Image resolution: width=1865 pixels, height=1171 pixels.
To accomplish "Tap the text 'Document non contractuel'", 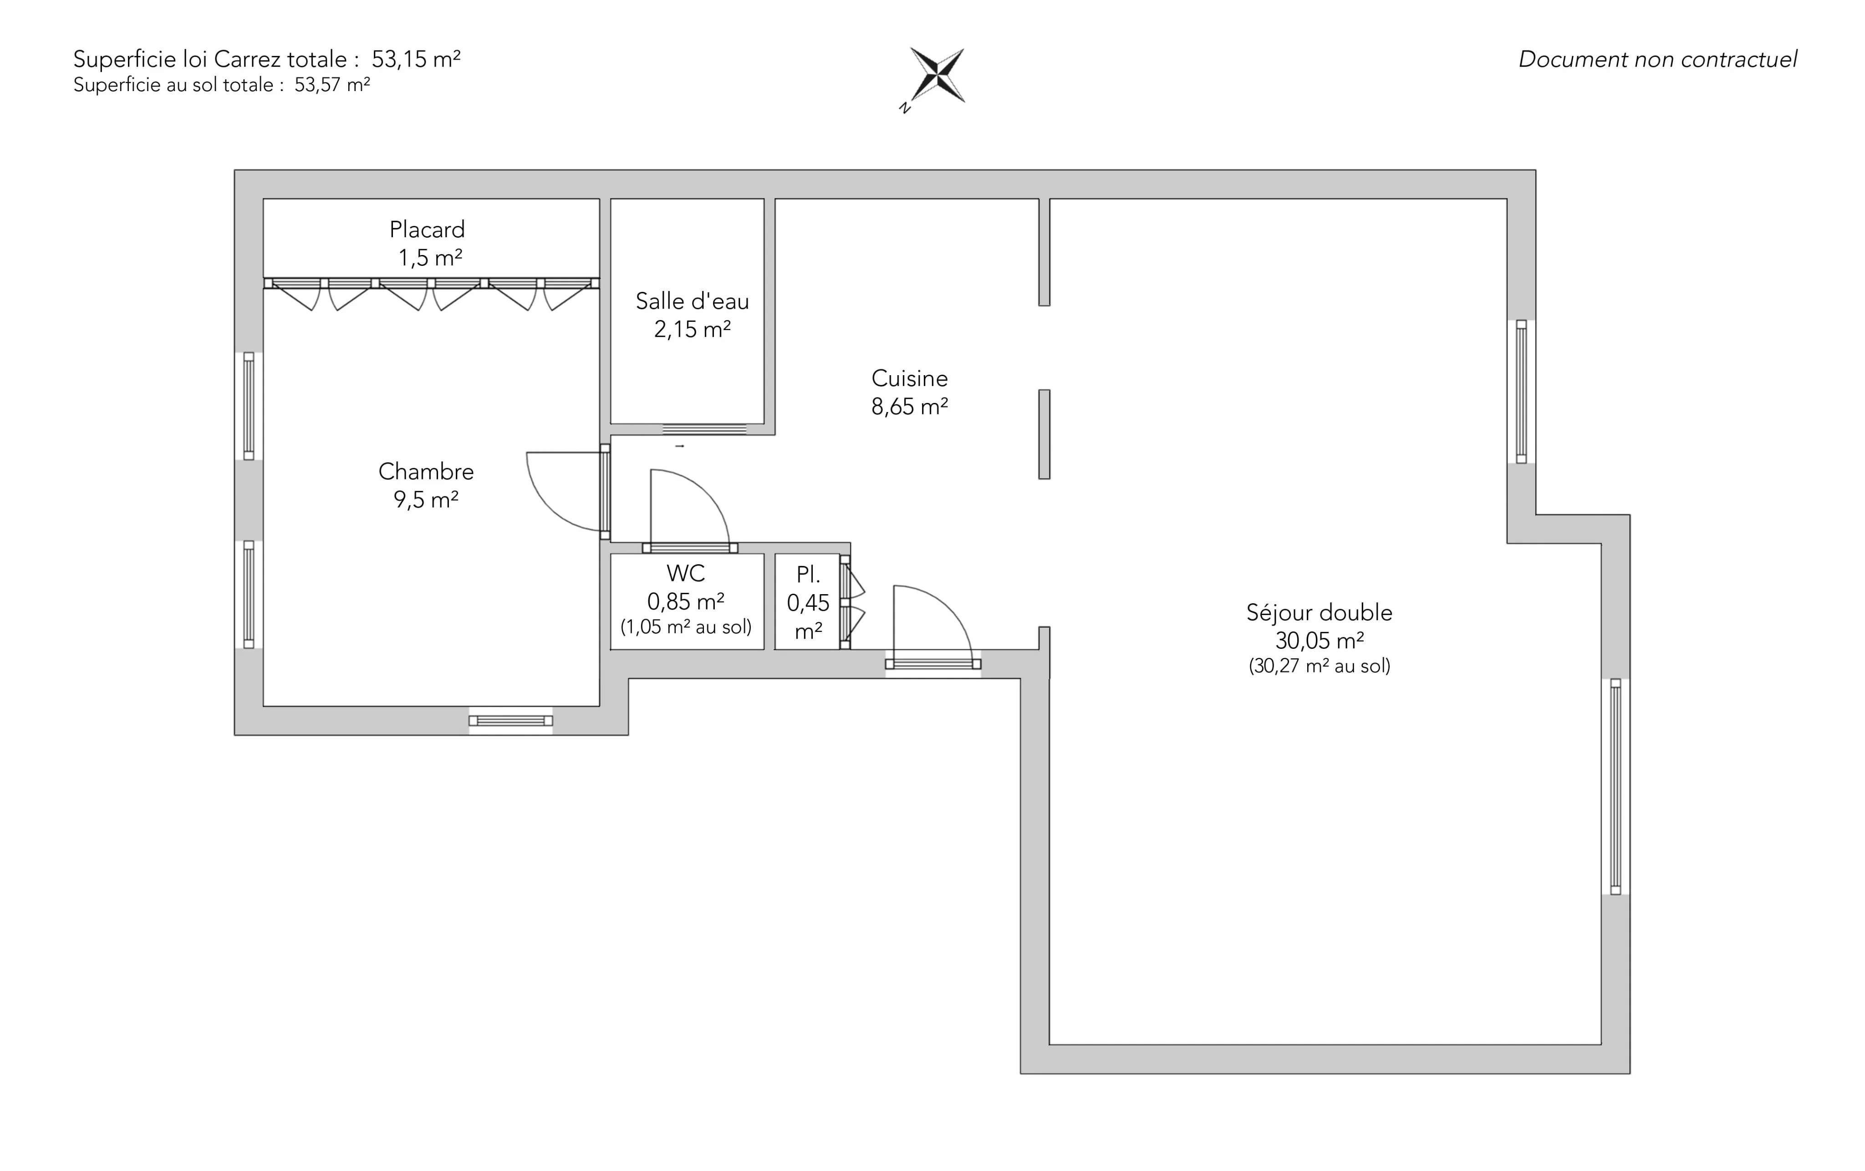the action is pos(1657,60).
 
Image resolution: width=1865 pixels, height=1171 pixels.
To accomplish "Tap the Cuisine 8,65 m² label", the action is pos(910,392).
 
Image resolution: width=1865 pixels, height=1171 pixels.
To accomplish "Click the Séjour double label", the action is pos(1319,613).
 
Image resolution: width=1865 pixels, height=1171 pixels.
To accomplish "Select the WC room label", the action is pos(685,573).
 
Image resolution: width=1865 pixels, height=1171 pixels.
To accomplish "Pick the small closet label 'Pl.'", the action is pos(808,575).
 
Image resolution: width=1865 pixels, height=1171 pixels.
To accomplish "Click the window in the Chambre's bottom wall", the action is pos(510,721).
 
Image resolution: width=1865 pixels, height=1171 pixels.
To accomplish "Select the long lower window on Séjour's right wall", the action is pos(1615,787).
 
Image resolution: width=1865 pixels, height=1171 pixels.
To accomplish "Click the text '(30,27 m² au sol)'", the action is pos(1319,666).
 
